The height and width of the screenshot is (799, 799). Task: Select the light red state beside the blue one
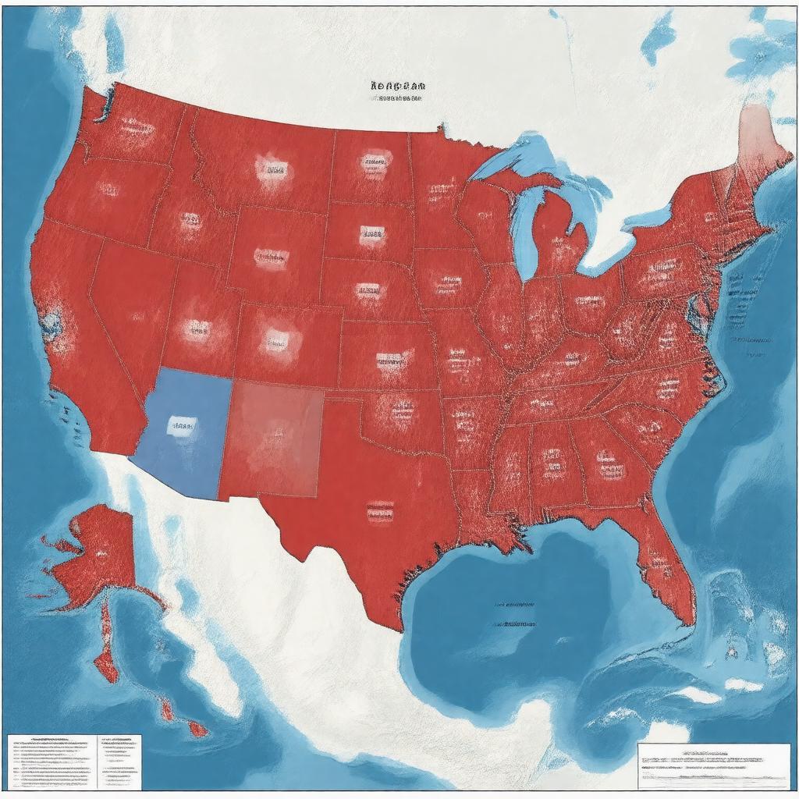click(273, 439)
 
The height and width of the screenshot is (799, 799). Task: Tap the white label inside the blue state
click(183, 426)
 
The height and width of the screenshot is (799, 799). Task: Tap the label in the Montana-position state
click(272, 169)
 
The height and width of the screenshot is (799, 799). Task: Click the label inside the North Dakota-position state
click(373, 164)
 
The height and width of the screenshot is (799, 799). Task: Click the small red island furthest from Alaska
click(196, 730)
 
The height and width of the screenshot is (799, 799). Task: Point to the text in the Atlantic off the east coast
click(749, 340)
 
